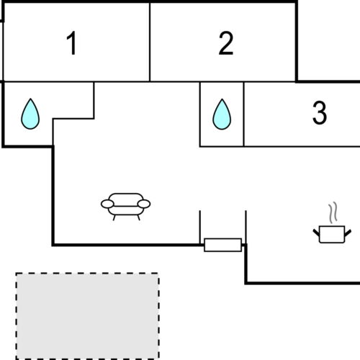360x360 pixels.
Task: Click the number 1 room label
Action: point(71,45)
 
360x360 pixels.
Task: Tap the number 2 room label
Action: point(226,44)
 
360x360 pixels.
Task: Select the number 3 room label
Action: point(320,113)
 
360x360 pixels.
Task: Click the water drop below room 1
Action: point(30,114)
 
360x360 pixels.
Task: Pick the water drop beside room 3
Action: point(222,114)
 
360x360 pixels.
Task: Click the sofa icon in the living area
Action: point(126,204)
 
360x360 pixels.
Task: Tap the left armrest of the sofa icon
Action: point(107,204)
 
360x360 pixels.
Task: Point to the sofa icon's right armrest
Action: point(144,204)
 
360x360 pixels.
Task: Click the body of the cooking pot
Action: point(333,234)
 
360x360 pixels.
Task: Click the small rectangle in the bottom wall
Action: point(222,245)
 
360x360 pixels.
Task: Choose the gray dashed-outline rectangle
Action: point(87,315)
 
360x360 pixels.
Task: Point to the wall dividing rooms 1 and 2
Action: point(150,41)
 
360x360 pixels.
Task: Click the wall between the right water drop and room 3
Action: point(243,114)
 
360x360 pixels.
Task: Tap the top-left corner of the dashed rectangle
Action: point(17,274)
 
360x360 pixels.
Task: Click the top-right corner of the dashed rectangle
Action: point(158,274)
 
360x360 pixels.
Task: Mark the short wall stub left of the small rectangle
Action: point(199,227)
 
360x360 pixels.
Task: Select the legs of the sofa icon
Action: point(126,215)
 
